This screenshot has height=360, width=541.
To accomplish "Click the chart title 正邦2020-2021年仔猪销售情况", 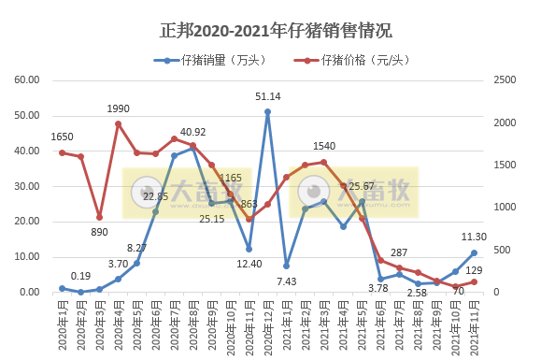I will (x=270, y=30).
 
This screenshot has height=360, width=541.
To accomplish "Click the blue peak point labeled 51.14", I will (x=267, y=111).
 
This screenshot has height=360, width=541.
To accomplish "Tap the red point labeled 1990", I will (x=118, y=123).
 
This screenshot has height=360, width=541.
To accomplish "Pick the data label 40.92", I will (x=193, y=132).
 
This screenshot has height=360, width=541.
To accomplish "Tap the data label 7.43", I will (x=286, y=281).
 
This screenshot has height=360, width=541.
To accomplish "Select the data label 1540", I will (x=324, y=146).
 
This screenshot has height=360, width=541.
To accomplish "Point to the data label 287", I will (x=400, y=253).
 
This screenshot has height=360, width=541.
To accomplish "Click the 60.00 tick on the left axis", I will (x=25, y=80).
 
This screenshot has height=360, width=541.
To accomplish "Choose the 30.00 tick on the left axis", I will (x=25, y=186).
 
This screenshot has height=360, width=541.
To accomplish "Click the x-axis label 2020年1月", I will (x=61, y=323).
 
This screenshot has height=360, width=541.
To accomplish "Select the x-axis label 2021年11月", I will (x=474, y=323).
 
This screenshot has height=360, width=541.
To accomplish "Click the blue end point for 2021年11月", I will (x=474, y=252).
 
